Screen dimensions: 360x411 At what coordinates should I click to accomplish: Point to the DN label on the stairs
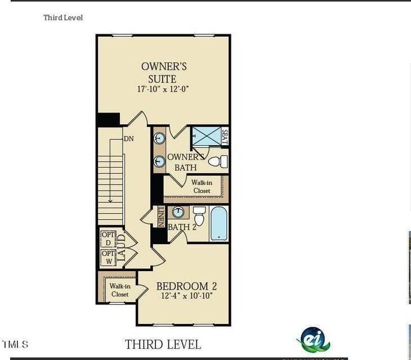pyautogui.click(x=128, y=138)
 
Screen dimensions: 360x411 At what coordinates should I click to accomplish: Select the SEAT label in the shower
pyautogui.click(x=224, y=137)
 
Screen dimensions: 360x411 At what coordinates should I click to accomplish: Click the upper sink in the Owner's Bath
pyautogui.click(x=159, y=138)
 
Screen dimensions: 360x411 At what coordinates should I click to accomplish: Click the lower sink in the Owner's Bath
pyautogui.click(x=159, y=161)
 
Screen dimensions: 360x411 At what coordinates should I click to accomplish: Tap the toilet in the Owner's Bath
pyautogui.click(x=217, y=162)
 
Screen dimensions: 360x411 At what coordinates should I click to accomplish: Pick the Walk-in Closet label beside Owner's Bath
pyautogui.click(x=202, y=187)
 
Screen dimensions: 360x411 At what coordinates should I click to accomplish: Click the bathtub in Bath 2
pyautogui.click(x=219, y=223)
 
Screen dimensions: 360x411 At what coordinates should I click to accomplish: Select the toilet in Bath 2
pyautogui.click(x=199, y=216)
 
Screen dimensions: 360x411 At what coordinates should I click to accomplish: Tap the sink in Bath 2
pyautogui.click(x=178, y=213)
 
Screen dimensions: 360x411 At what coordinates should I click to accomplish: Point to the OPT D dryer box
pyautogui.click(x=108, y=238)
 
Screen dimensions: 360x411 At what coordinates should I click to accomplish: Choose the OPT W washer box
pyautogui.click(x=108, y=258)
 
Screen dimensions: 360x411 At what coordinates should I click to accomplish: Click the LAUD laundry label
pyautogui.click(x=121, y=247)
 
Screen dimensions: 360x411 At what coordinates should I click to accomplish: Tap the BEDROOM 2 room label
pyautogui.click(x=186, y=286)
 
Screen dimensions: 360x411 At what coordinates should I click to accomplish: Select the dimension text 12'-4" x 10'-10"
pyautogui.click(x=186, y=296)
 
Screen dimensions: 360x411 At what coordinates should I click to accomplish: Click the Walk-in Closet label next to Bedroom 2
pyautogui.click(x=119, y=290)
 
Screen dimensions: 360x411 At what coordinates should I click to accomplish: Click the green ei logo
pyautogui.click(x=314, y=339)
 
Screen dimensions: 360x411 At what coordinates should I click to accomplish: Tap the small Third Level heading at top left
pyautogui.click(x=63, y=18)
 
